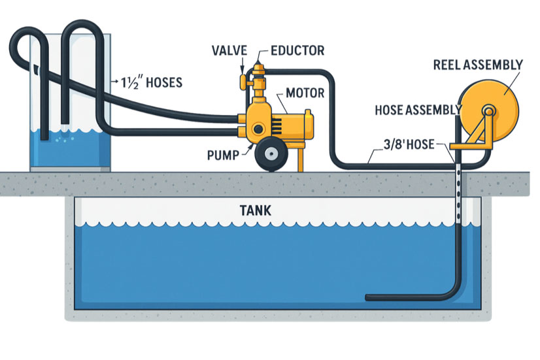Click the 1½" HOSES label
150,83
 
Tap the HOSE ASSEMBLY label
413,110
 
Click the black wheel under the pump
269,155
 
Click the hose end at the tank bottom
371,298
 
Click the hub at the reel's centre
488,110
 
